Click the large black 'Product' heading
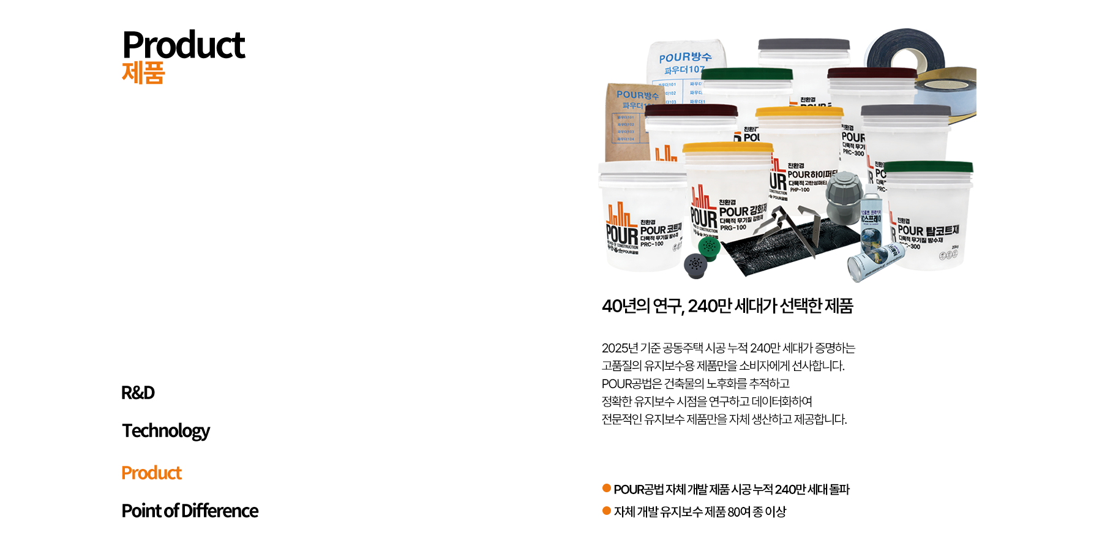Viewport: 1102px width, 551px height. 183,45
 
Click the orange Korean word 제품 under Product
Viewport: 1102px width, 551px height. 143,73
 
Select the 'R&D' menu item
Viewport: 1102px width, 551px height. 138,392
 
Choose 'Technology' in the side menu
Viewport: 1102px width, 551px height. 165,430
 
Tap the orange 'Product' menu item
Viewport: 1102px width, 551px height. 151,473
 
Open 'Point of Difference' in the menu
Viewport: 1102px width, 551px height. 190,511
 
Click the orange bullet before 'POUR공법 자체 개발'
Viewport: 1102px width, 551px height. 607,488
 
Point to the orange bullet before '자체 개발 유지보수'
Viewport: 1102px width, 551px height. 607,511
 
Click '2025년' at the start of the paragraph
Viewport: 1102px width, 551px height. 620,348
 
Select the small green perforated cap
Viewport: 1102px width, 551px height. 709,247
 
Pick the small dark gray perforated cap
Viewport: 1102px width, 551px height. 695,264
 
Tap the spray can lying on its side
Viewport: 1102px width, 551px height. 875,260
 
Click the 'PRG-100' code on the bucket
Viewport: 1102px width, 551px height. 733,228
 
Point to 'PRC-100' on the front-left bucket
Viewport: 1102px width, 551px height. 651,244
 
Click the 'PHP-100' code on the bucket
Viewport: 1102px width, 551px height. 800,190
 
